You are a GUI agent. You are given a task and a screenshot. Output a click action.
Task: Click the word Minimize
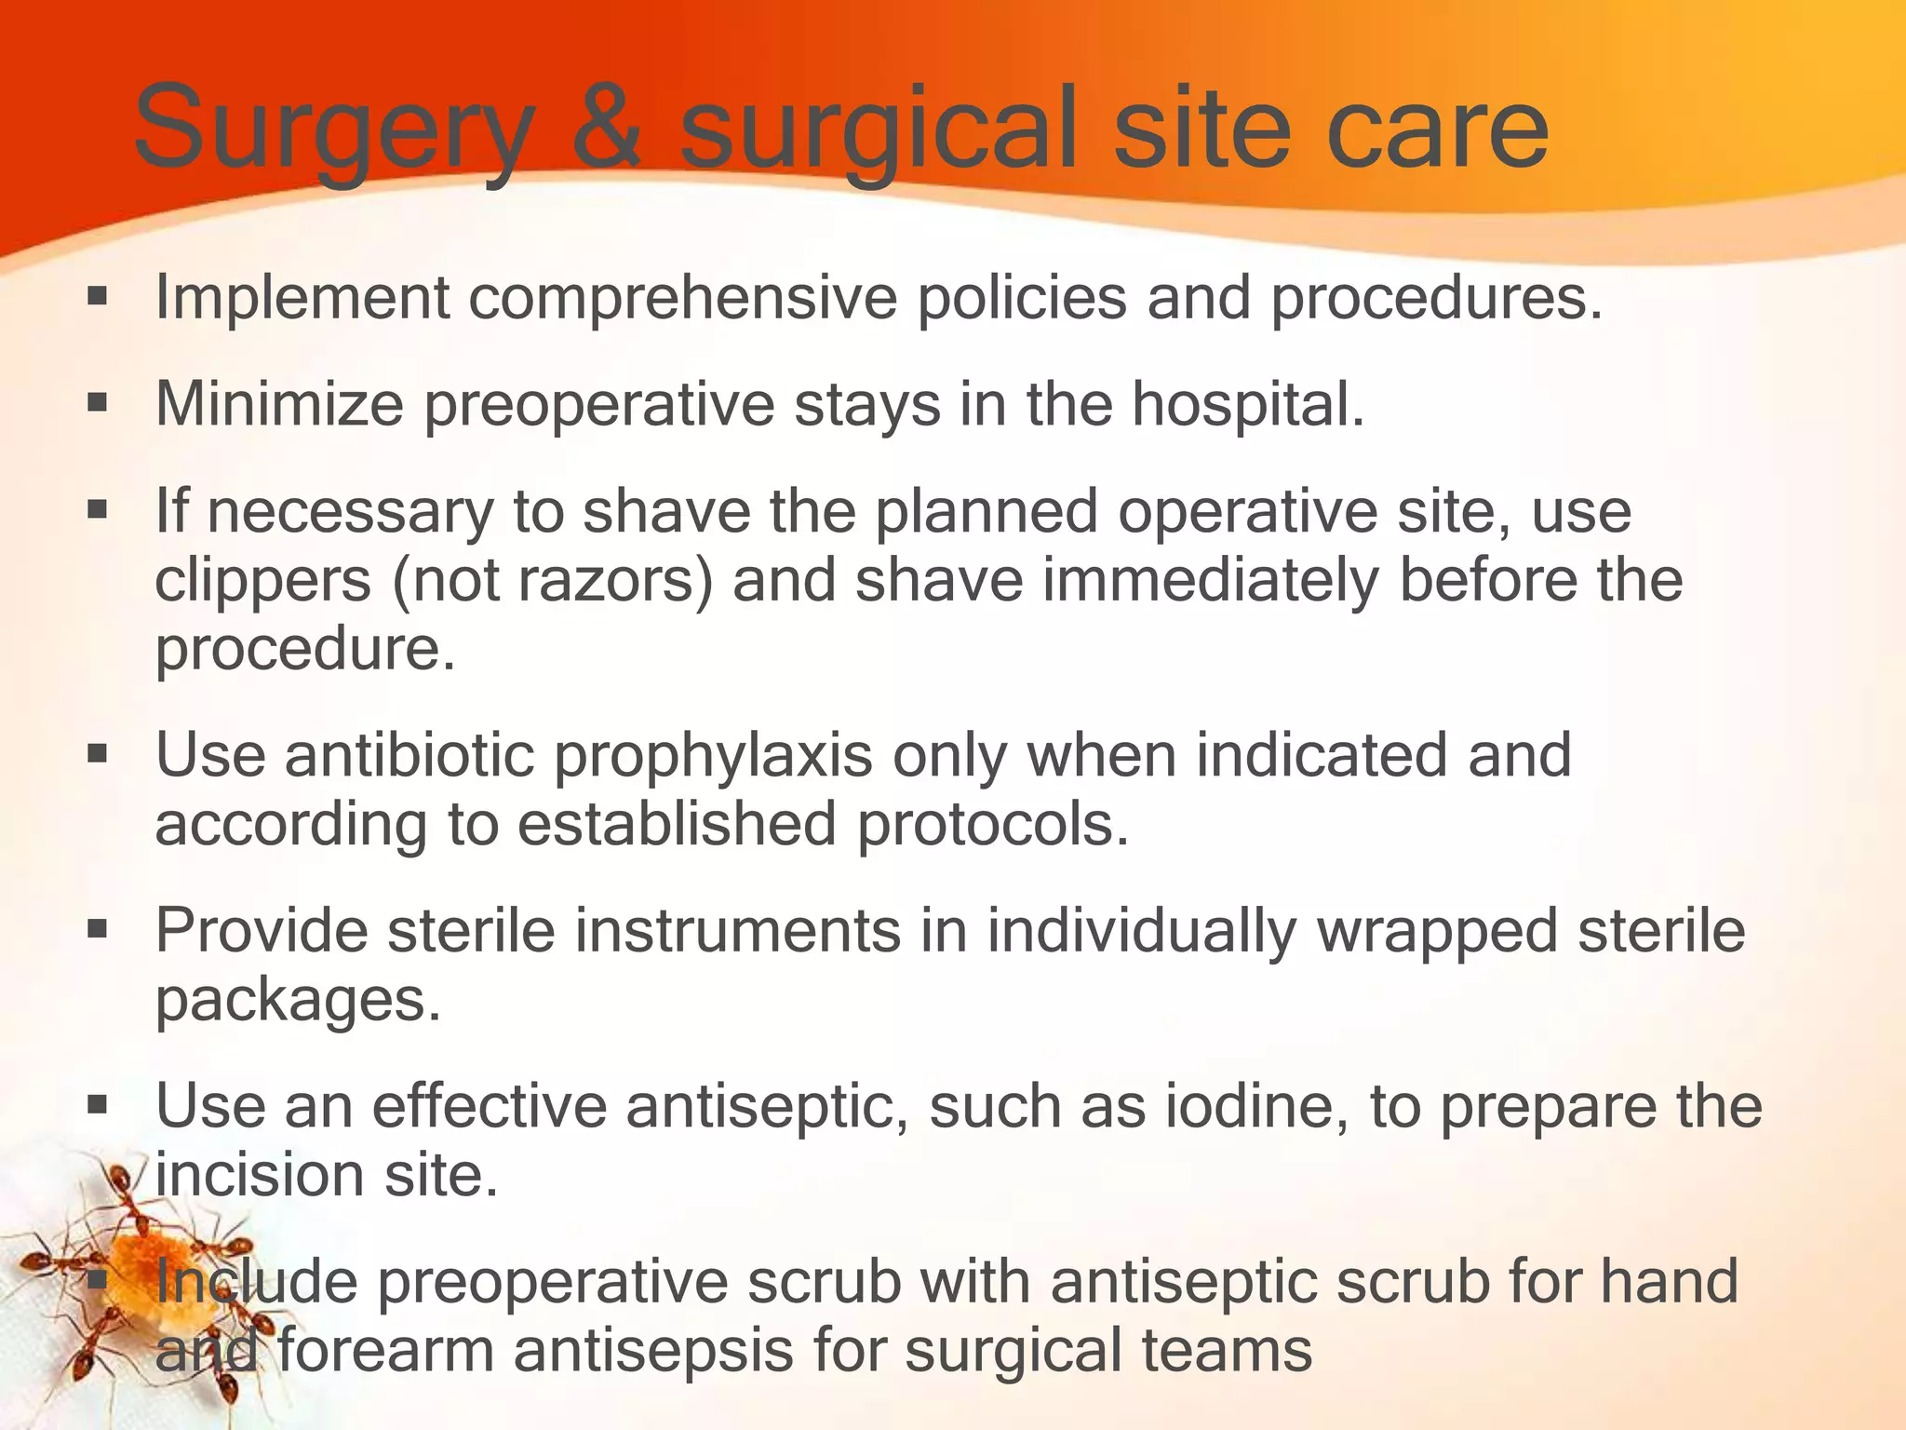279,404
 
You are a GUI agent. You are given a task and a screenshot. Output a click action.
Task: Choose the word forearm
384,1350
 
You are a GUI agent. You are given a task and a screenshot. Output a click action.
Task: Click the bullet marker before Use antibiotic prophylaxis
98,753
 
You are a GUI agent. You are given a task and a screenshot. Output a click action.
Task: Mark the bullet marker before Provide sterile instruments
98,929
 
